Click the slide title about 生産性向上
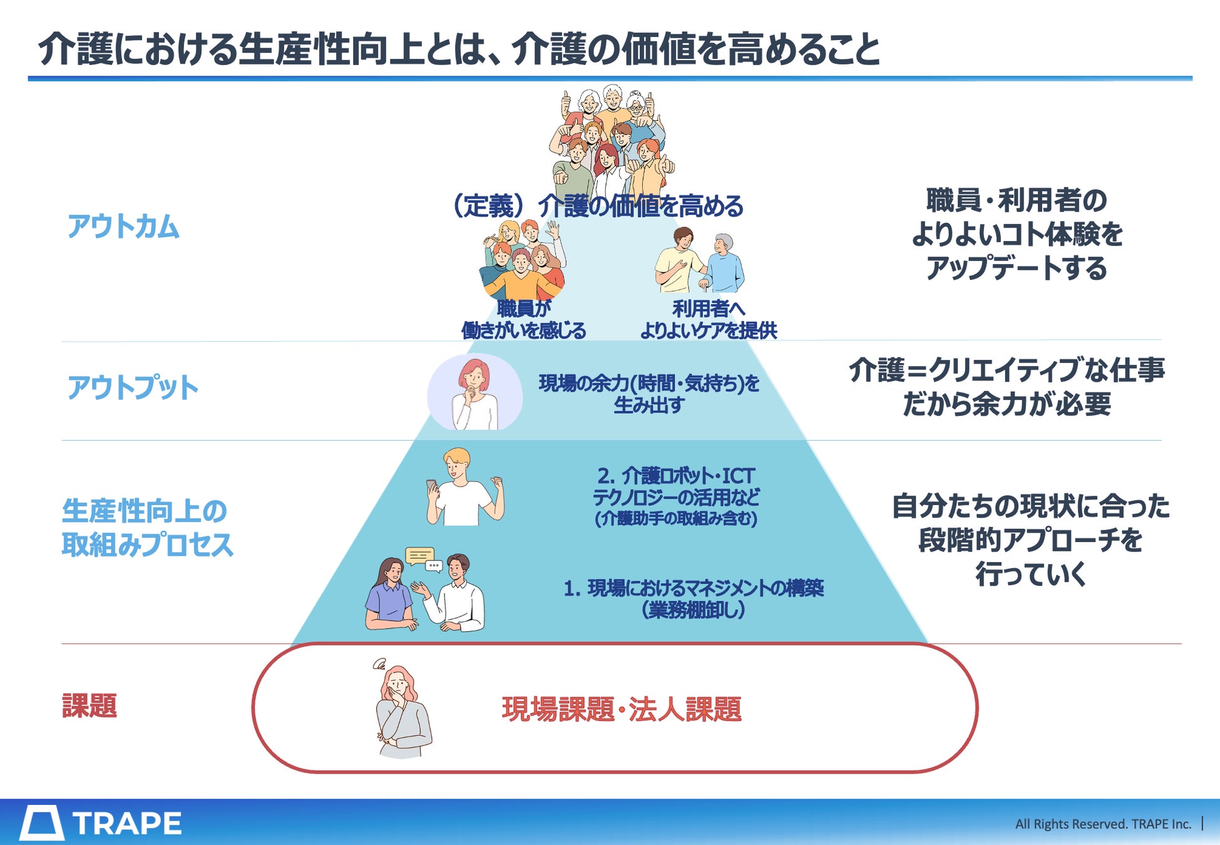pos(459,49)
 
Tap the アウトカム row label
pos(123,226)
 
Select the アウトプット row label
pos(133,387)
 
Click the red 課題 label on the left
pos(90,705)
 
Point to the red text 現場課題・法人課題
pos(622,709)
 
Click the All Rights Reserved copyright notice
pos(1102,824)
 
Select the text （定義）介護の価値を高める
pos(598,206)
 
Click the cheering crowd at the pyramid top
pos(610,141)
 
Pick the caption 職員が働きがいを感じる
pos(523,319)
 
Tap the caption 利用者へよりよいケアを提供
pos(708,319)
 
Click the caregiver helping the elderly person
pos(699,261)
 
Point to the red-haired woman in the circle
pos(474,393)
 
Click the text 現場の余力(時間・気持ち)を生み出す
pos(649,394)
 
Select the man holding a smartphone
pos(463,488)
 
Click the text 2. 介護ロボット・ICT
pos(675,476)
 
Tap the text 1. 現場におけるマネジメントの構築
pos(694,588)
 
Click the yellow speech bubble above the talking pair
pos(419,556)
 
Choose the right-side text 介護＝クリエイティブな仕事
pos(1007,371)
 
